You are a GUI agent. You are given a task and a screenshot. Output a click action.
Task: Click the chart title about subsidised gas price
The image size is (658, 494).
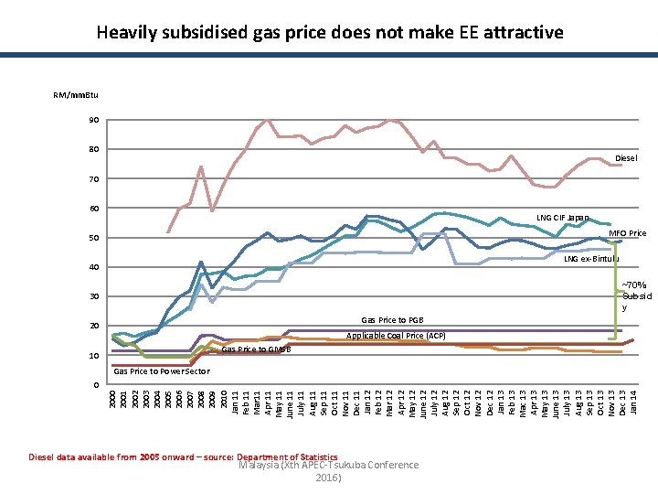(329, 33)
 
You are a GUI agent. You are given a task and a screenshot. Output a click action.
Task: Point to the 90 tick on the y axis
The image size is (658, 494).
(94, 120)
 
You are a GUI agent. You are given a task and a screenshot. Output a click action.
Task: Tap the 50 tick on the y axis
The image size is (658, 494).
(94, 238)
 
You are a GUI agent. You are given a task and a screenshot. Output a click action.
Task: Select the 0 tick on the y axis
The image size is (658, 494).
(97, 384)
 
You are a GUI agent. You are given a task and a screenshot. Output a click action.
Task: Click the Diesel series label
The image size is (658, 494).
(626, 158)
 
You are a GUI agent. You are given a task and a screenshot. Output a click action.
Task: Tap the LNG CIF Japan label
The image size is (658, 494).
(563, 218)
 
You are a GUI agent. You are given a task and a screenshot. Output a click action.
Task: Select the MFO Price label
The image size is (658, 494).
(627, 233)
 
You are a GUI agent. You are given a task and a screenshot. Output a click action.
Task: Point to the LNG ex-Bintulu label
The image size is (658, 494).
(590, 259)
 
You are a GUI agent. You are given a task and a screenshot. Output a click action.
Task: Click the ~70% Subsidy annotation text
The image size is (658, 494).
(636, 296)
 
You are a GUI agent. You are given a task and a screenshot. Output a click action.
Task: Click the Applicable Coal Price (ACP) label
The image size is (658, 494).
(396, 336)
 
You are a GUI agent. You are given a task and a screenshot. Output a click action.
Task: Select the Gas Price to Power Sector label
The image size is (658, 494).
(162, 370)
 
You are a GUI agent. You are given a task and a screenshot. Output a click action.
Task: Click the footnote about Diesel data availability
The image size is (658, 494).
(183, 456)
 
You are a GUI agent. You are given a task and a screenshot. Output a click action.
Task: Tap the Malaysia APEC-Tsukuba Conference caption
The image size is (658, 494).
(328, 470)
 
